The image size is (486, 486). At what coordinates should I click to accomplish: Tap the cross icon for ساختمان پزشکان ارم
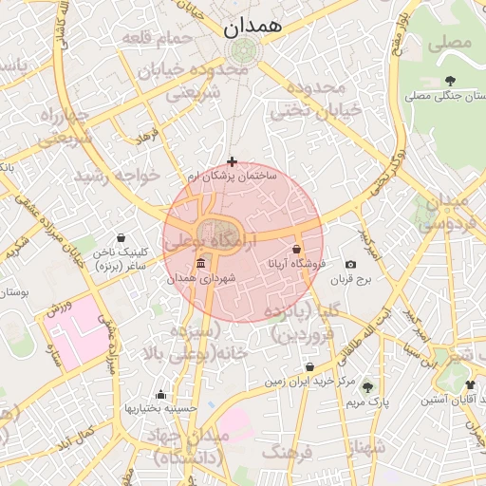[233, 162]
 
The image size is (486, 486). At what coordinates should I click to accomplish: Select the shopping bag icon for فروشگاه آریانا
[297, 249]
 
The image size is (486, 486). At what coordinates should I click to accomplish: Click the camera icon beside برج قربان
[350, 264]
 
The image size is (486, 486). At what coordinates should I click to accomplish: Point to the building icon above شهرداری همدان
[199, 264]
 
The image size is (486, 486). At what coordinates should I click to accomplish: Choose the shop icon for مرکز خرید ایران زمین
[309, 367]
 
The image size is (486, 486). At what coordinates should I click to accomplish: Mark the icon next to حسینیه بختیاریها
[160, 395]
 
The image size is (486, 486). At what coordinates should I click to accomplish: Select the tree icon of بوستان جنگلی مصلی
[449, 81]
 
